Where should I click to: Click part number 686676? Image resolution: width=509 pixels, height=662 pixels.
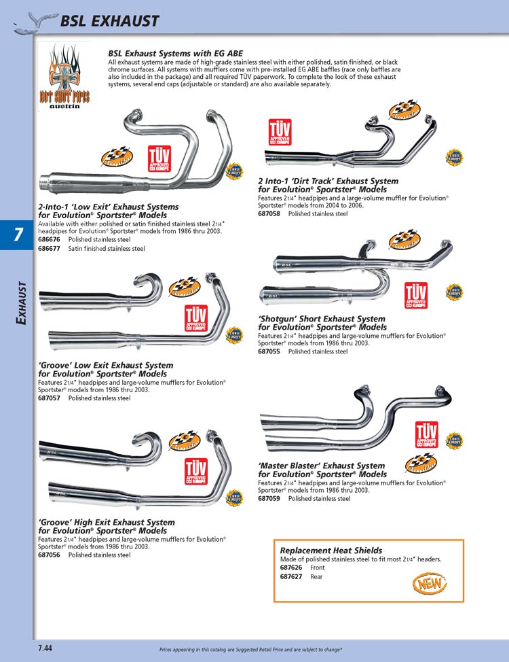[x=50, y=240]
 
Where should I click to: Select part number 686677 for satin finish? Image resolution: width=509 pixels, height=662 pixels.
[x=50, y=249]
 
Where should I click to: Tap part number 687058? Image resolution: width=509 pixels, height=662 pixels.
[x=269, y=213]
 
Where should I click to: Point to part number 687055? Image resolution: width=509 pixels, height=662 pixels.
[x=269, y=351]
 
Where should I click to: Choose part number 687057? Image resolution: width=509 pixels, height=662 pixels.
[x=50, y=398]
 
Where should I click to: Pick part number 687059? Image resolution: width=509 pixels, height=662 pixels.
[x=269, y=498]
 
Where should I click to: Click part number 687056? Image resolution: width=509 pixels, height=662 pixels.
[x=50, y=555]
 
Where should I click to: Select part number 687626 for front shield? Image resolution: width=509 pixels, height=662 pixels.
[x=291, y=568]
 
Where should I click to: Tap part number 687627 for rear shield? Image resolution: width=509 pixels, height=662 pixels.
[x=291, y=576]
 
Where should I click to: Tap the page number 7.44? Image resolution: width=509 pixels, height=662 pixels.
[x=45, y=647]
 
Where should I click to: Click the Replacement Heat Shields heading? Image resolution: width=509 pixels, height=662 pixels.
[x=331, y=551]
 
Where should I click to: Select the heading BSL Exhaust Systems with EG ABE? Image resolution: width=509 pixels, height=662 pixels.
[x=175, y=53]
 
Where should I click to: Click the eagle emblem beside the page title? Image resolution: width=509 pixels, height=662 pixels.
[x=33, y=22]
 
